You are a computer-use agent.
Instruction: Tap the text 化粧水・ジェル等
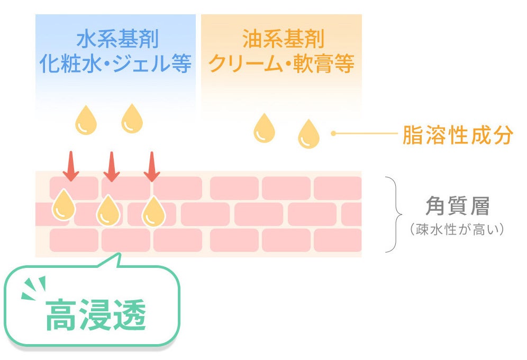[x=115, y=64]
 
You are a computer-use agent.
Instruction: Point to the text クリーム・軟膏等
[x=281, y=64]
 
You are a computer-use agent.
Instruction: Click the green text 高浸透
[x=95, y=315]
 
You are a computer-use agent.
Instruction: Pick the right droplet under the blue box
[x=132, y=118]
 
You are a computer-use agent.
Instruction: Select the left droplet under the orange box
[x=264, y=128]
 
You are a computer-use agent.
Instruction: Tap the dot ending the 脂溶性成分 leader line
[x=333, y=133]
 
